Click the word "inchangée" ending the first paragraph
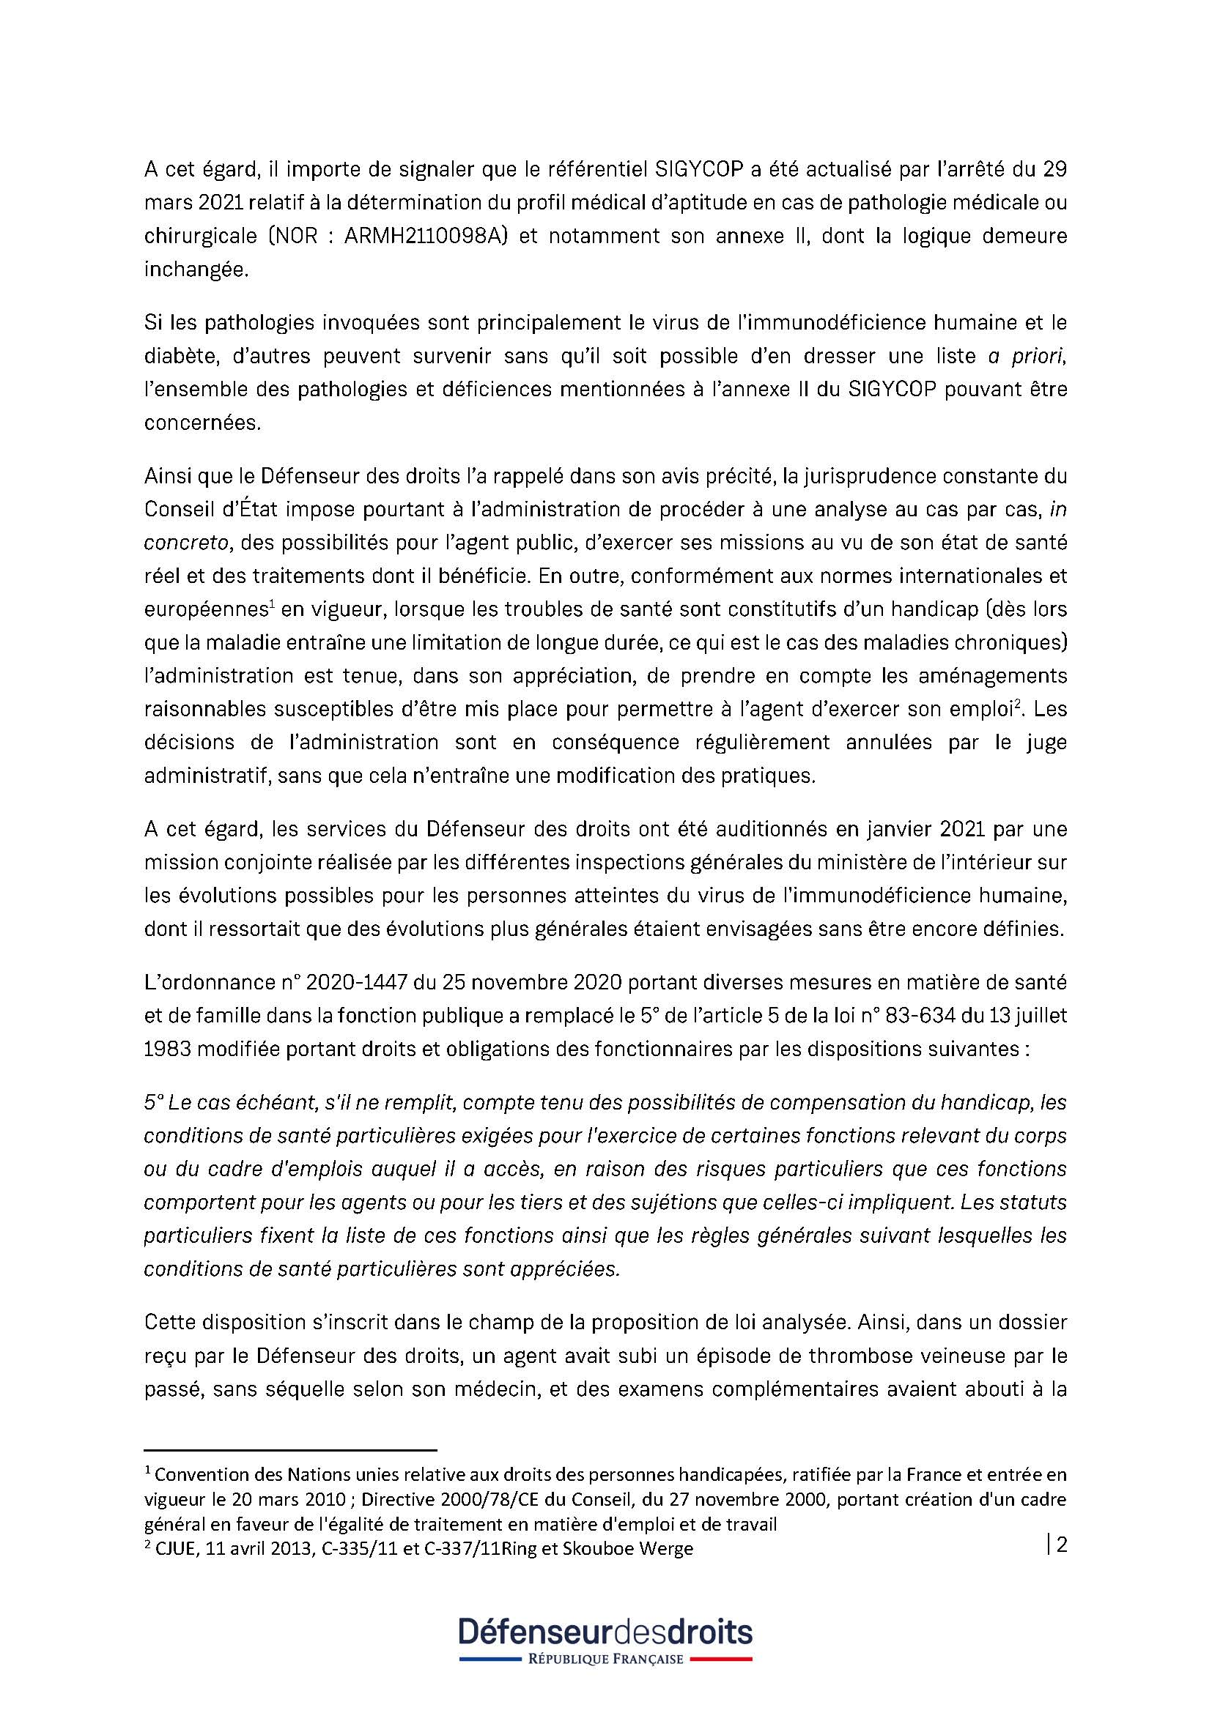click(x=195, y=270)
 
